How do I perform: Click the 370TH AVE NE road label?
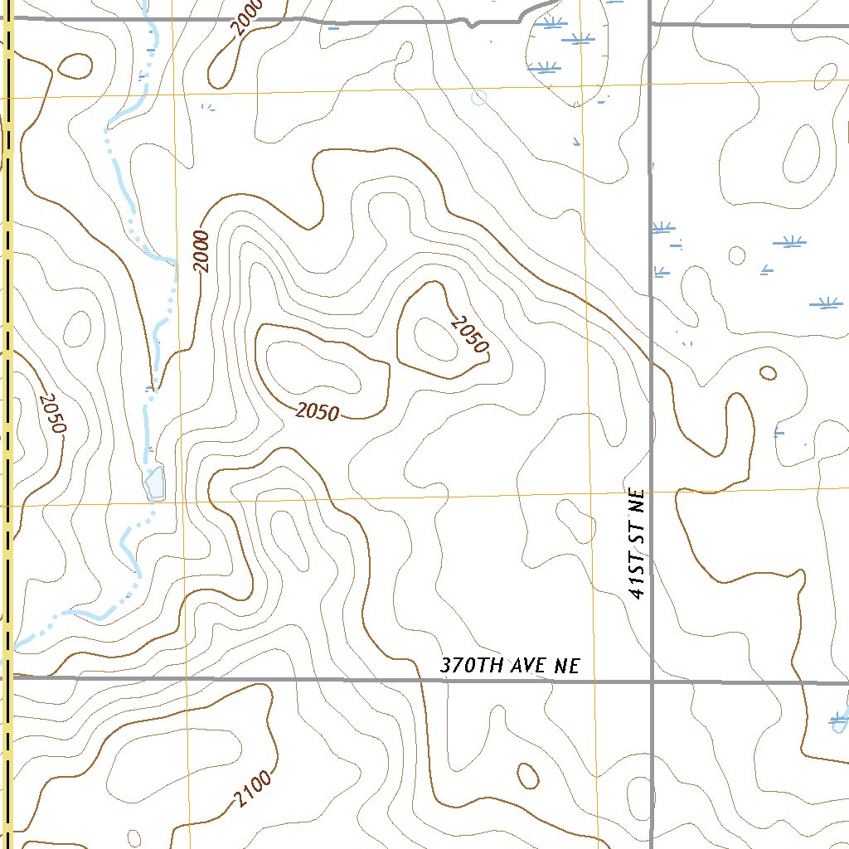tap(509, 666)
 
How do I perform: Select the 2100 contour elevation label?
tap(252, 788)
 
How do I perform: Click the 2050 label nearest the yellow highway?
tap(51, 412)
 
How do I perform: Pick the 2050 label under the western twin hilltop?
tap(317, 411)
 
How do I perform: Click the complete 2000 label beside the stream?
tap(202, 251)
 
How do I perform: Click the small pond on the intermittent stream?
tap(154, 482)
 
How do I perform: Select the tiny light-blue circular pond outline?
tap(478, 99)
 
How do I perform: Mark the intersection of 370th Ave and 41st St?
tap(652, 682)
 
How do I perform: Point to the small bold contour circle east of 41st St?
tap(768, 373)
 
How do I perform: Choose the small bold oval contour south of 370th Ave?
tap(527, 776)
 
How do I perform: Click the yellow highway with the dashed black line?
tap(8, 332)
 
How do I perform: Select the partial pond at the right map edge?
tap(840, 722)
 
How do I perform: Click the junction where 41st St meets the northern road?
tap(650, 24)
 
